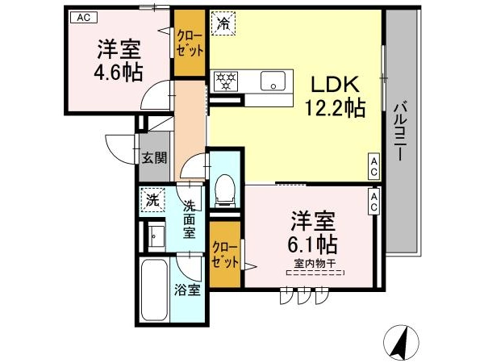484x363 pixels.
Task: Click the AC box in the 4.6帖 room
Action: point(84,17)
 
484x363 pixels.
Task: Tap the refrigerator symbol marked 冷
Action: point(223,23)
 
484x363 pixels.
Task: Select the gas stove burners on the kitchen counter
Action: point(226,81)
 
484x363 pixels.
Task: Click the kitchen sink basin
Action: point(273,81)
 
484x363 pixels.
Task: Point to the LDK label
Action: point(336,84)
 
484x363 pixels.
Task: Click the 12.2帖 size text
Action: point(336,107)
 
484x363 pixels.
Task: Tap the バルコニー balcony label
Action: point(400,132)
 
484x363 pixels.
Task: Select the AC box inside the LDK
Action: point(373,166)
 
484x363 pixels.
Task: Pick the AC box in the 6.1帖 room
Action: point(373,201)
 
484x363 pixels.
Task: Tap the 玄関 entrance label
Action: point(154,158)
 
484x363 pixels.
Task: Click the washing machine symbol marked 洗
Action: point(152,201)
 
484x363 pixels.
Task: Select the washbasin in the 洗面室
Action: point(156,236)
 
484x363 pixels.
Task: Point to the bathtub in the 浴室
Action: point(154,290)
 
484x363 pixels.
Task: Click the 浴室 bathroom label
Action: point(187,290)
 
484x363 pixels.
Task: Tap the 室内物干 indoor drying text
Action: point(315,264)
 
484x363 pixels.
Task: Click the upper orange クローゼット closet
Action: point(190,43)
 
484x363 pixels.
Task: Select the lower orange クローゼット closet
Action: point(225,254)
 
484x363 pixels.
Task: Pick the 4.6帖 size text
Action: point(119,73)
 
